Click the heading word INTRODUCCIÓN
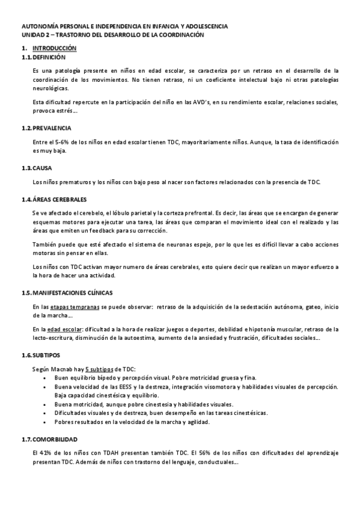(55, 48)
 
